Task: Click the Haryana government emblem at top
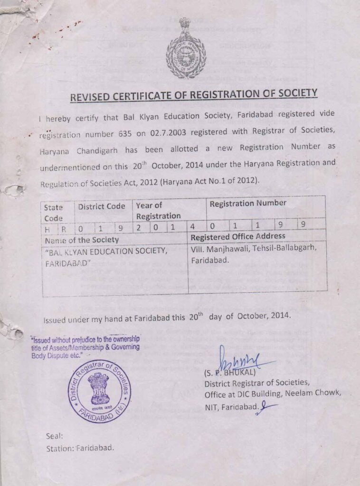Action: pos(186,49)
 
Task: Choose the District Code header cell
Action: pos(102,206)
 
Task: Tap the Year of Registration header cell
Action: pos(158,211)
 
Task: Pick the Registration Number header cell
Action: pos(248,203)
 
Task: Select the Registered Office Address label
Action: pos(238,236)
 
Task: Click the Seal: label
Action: pos(55,436)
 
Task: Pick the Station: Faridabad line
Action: pos(80,448)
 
